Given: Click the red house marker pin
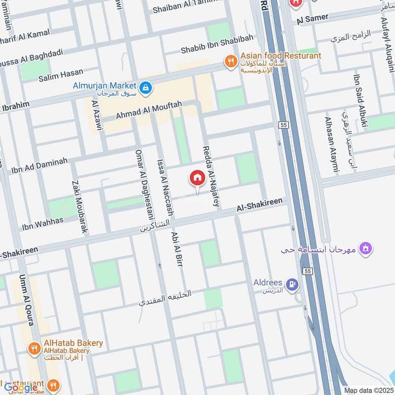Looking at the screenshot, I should coord(197,179).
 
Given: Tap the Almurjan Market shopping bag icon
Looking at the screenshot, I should coord(146,88).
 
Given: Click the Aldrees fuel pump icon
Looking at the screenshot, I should coord(292,284).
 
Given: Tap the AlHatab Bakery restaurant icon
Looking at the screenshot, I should coord(34,349).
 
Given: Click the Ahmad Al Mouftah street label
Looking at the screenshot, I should coord(149,109).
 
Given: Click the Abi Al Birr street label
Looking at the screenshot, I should coord(175,250).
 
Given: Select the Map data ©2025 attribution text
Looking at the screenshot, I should coord(368,391).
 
